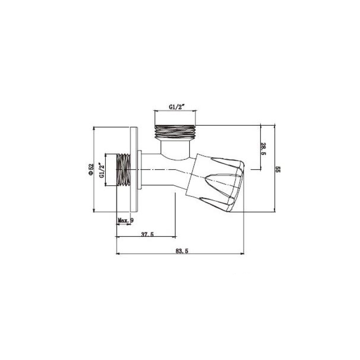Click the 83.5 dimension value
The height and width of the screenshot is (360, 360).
pos(182,251)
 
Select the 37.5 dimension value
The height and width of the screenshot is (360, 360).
pos(147,234)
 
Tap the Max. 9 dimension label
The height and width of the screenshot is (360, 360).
pos(125,220)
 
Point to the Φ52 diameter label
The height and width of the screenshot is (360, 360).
pos(91,170)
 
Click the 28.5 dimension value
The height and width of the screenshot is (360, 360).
pos(263,149)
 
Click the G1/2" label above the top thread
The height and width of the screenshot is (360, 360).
pos(177,107)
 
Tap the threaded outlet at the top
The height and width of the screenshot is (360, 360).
pos(175,132)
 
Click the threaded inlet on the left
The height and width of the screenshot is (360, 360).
pos(124,170)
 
